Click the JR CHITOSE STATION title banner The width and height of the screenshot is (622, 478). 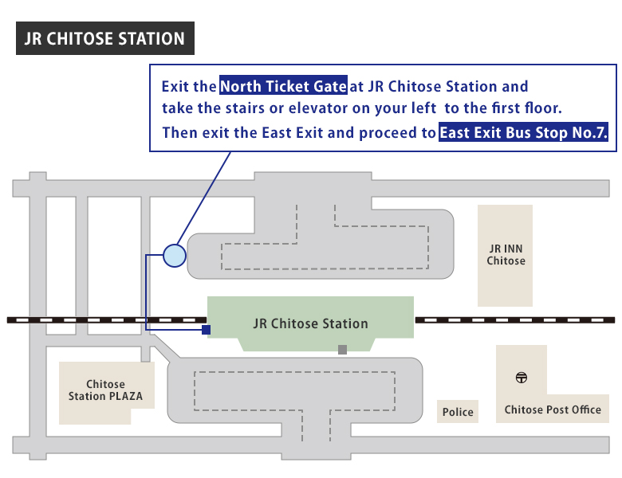[x=104, y=38]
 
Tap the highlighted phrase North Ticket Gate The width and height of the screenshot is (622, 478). [x=283, y=86]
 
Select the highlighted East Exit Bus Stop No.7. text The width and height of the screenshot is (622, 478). [x=524, y=133]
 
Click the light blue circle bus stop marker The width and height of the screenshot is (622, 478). [x=174, y=255]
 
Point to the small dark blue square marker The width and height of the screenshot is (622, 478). [x=206, y=329]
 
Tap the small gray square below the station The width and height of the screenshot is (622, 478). [x=342, y=349]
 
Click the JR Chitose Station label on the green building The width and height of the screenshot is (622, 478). [x=310, y=323]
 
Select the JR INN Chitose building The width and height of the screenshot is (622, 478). [x=505, y=255]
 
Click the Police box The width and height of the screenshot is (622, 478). [x=458, y=412]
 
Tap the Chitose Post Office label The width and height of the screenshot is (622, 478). [x=553, y=409]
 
